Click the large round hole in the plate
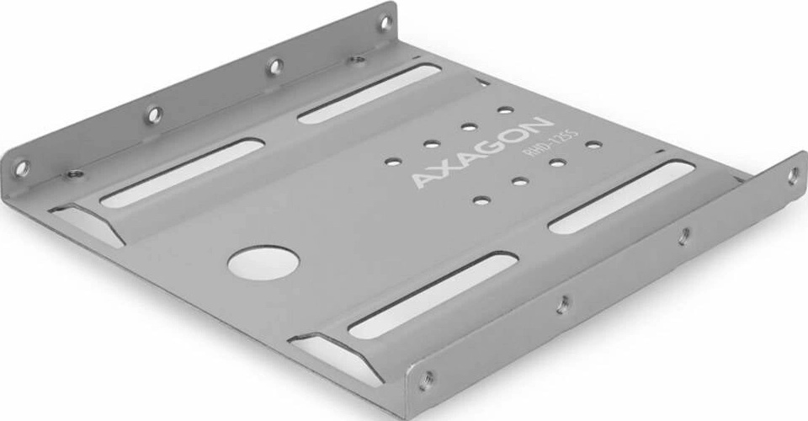point(263,262)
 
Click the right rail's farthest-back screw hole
point(793,175)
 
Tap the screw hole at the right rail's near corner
point(426,378)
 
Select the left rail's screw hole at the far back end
point(385,22)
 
